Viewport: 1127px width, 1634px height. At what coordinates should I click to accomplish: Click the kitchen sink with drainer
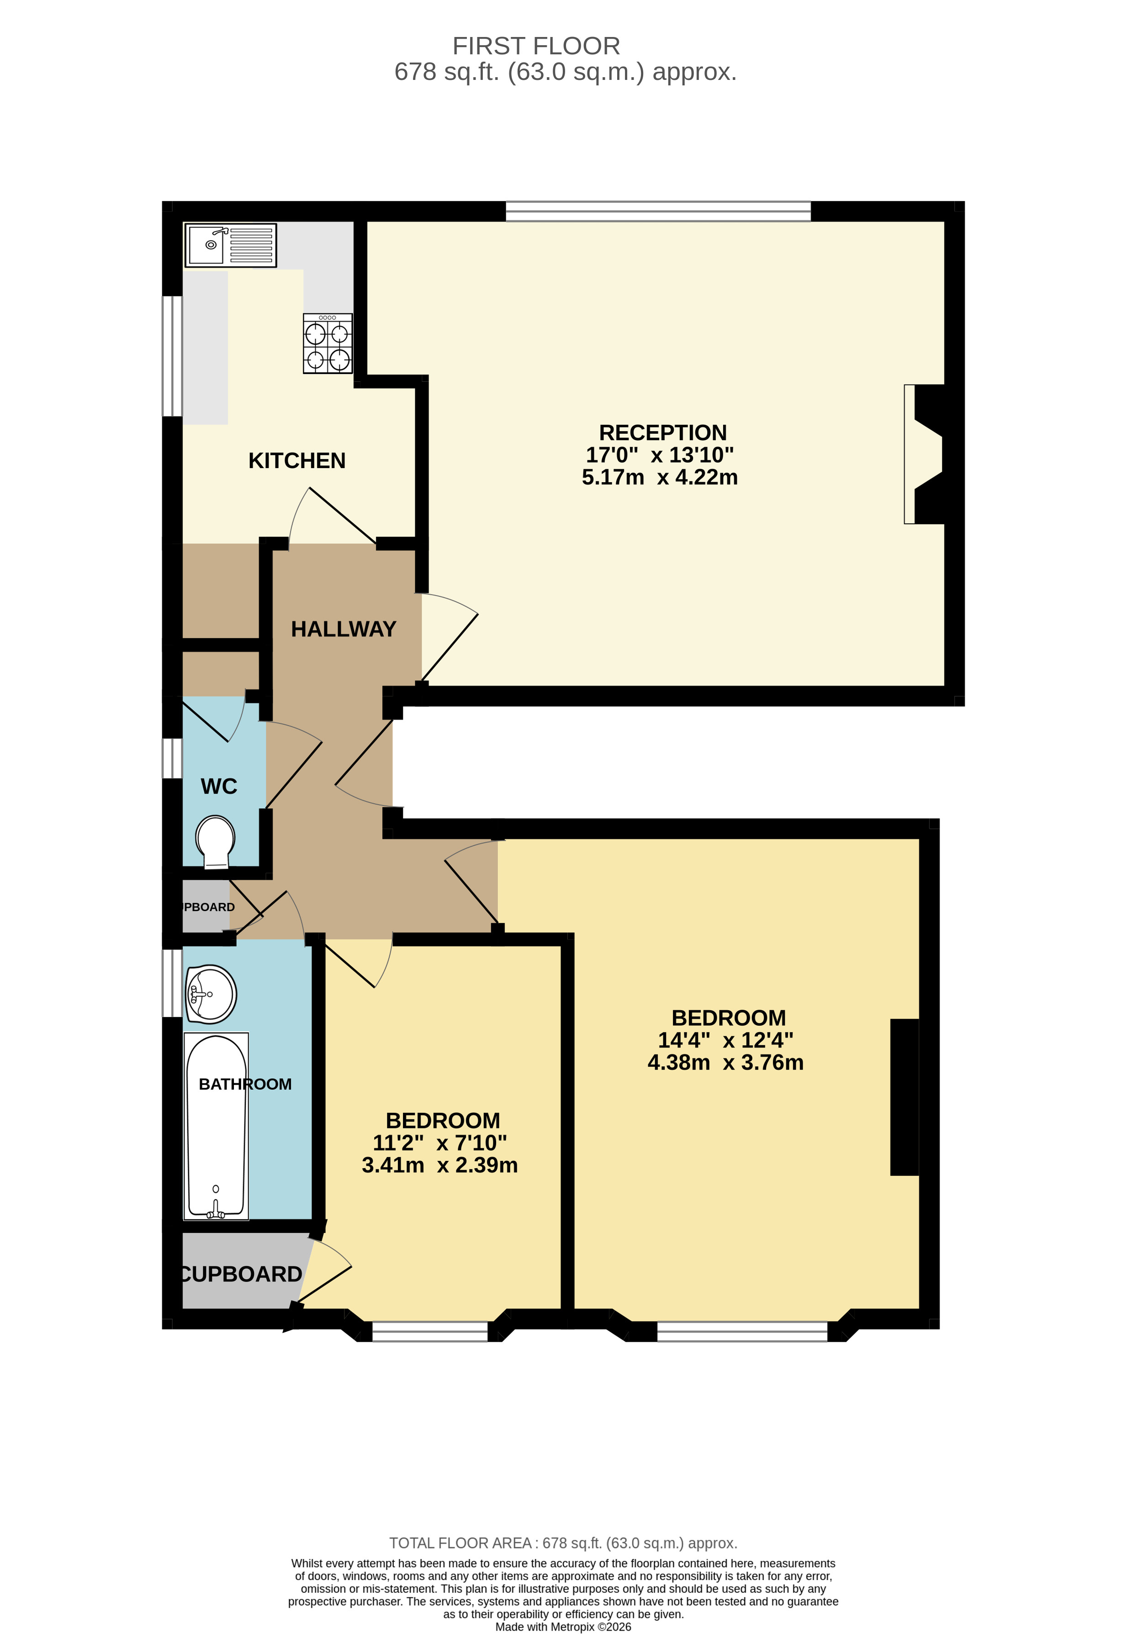click(230, 245)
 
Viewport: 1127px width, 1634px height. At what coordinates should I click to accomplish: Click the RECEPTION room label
click(662, 432)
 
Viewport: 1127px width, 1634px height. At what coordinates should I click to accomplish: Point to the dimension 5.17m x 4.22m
click(660, 478)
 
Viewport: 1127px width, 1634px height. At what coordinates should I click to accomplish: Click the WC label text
click(219, 786)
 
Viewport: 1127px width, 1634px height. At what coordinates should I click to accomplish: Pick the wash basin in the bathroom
click(211, 994)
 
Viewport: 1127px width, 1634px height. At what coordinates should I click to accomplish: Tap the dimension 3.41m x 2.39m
click(439, 1165)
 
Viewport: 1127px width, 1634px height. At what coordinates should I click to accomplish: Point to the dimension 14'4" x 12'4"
click(725, 1040)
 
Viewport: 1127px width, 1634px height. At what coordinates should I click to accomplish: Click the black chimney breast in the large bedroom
click(904, 1097)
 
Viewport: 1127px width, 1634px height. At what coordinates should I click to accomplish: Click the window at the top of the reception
click(658, 211)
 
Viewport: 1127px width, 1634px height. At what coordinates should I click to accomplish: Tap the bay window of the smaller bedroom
click(429, 1331)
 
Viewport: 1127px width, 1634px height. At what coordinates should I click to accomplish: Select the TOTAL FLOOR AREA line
click(563, 1543)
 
